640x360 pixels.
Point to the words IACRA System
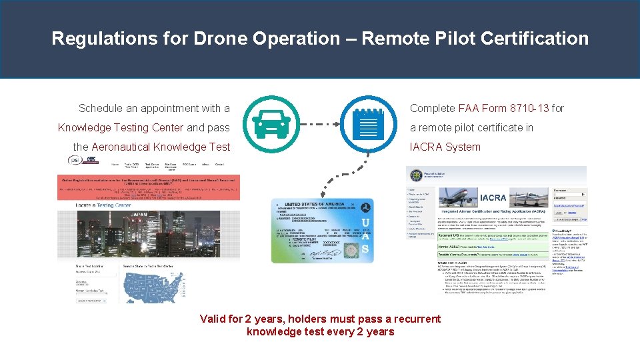pos(445,147)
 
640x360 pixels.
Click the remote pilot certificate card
pos(322,230)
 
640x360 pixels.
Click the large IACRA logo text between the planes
pos(493,197)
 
